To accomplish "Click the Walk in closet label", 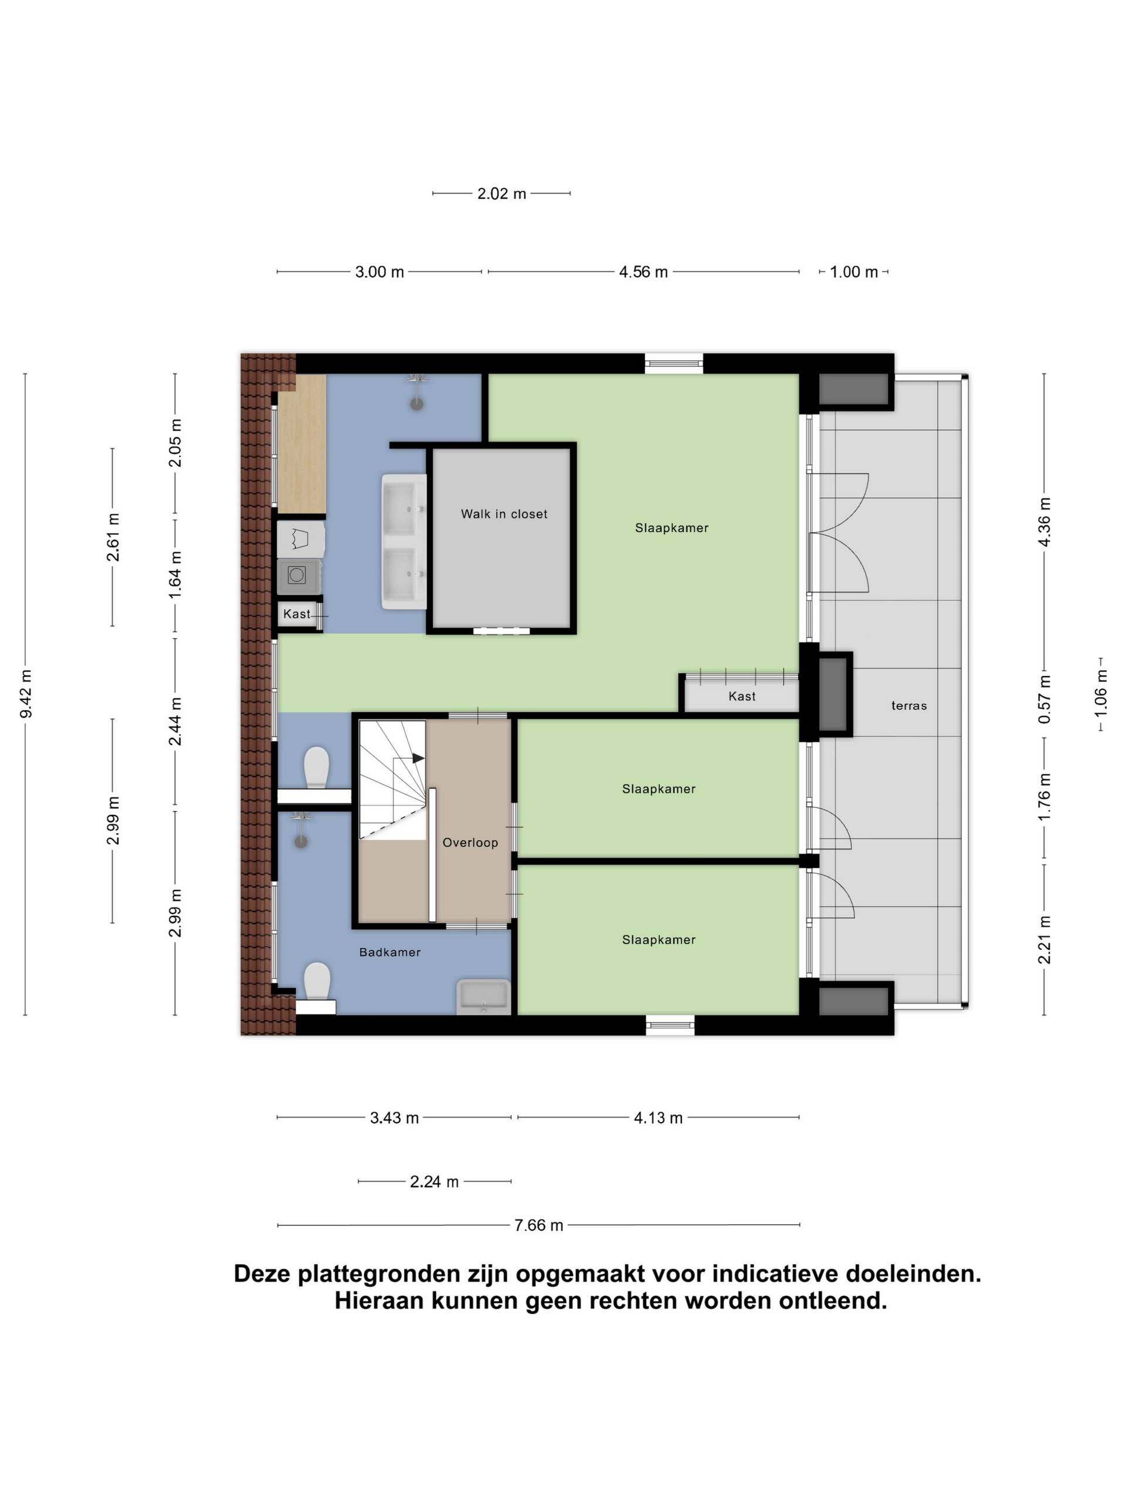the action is pos(504,514).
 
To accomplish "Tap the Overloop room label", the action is pos(470,842).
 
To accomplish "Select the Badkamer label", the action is pos(389,952).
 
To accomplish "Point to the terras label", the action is pos(909,706).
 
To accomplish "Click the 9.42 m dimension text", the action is pos(26,694).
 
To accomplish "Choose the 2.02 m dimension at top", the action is pos(501,193).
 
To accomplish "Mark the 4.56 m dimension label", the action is pos(643,271).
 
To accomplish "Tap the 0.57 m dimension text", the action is pos(1044,699).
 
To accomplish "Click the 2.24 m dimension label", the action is pos(434,1181).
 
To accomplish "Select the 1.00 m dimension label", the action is pos(853,271).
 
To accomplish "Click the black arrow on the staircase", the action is pos(418,758).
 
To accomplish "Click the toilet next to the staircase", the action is pos(316,768).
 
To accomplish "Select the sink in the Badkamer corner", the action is pos(483,997).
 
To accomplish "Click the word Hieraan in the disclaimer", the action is pos(381,1301).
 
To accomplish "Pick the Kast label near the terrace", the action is pos(742,696).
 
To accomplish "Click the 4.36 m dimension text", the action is pos(1044,521).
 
